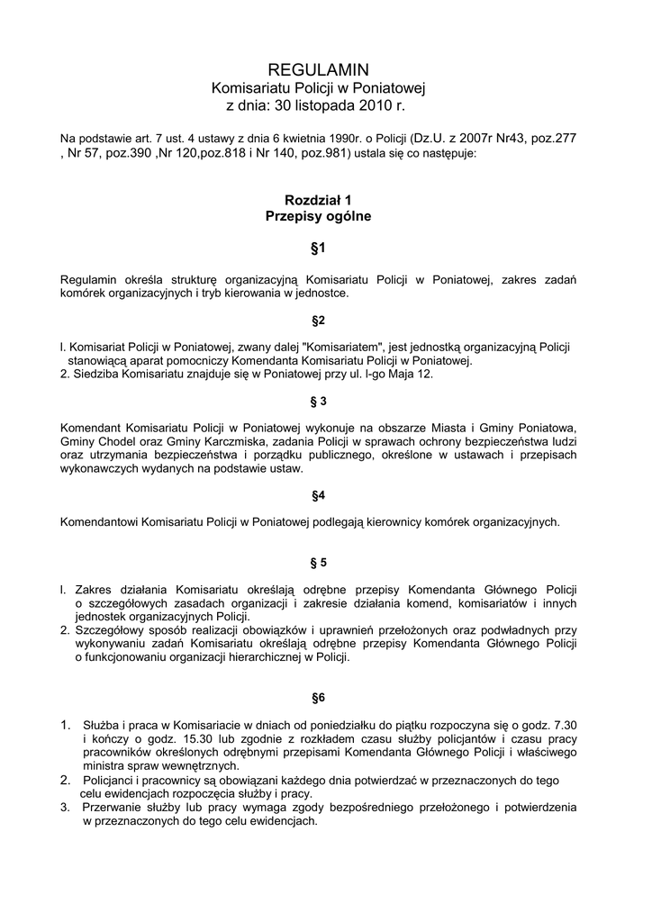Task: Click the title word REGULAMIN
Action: tap(318, 69)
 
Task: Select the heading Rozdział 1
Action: tap(317, 199)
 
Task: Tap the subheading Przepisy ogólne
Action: tap(318, 216)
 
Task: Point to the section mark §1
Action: tap(317, 247)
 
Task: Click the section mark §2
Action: tap(318, 320)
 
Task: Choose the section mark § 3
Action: tap(317, 401)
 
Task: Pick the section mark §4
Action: tap(318, 495)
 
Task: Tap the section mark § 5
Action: tap(317, 563)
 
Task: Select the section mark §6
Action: tap(318, 697)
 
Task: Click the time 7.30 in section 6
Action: tap(564, 725)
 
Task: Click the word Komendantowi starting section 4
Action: tap(101, 521)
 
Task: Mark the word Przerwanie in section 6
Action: tap(112, 807)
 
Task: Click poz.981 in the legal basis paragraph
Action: tap(325, 153)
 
